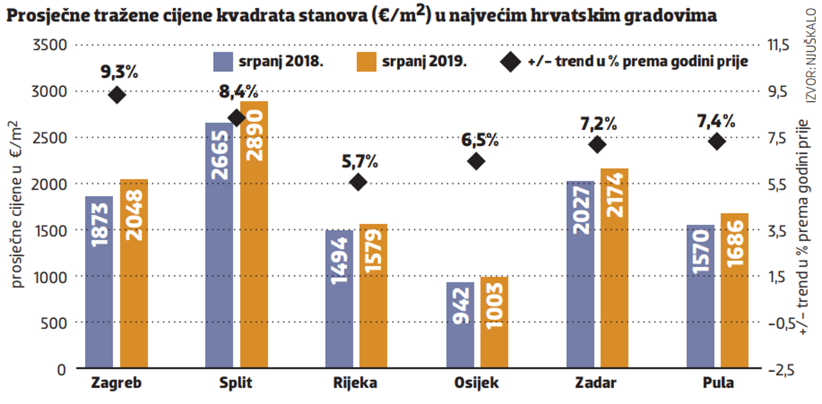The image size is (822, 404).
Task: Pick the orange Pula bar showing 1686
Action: [734, 290]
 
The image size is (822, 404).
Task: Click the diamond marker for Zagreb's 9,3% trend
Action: [117, 95]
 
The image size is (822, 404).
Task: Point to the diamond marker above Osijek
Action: [476, 162]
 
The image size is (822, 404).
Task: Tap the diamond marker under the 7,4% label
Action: [717, 141]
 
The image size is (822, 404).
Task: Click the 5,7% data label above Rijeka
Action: [360, 162]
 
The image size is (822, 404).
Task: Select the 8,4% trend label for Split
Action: [238, 92]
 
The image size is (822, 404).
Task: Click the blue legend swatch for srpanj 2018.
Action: [223, 62]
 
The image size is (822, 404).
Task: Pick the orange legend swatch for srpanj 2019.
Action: [366, 62]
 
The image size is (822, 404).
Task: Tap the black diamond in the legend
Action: [511, 62]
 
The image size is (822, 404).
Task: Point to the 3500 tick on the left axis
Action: [50, 45]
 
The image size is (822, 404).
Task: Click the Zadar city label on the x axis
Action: [596, 383]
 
